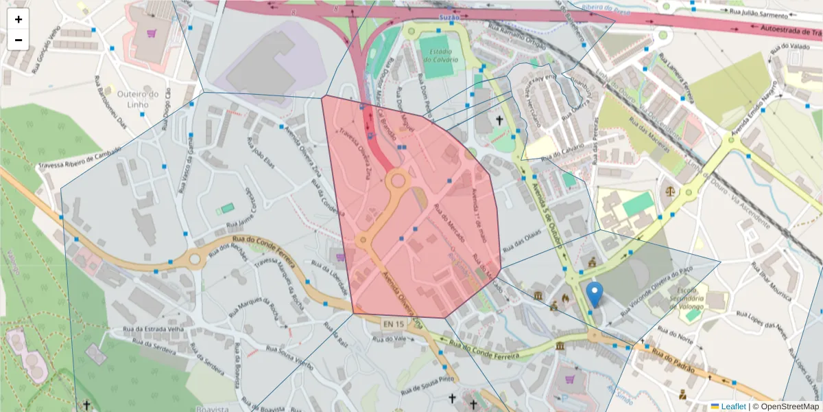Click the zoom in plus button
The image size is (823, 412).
coord(19,19)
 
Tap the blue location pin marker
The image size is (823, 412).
coord(595,295)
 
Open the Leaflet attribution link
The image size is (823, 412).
coord(732,407)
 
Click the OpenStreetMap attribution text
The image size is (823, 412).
coord(786,407)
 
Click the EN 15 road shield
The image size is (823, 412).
coord(394,323)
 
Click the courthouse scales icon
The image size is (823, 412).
coord(669,186)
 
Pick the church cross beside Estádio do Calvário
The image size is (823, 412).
coord(499,121)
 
